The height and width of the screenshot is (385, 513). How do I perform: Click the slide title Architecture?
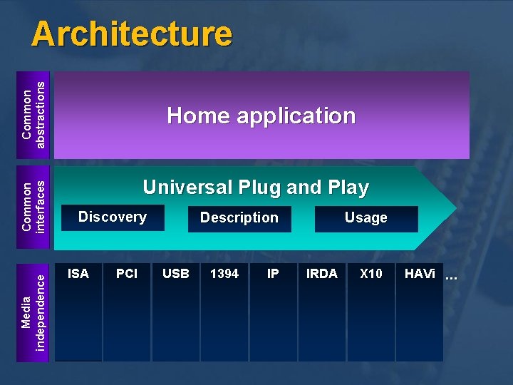click(x=132, y=34)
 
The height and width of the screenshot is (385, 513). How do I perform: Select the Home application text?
click(x=261, y=115)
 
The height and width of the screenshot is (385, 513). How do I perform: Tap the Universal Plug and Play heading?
click(x=255, y=188)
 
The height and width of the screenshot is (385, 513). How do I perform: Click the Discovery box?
click(x=112, y=217)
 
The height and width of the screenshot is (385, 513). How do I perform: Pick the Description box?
click(x=239, y=218)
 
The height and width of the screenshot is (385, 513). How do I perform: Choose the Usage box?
click(x=366, y=218)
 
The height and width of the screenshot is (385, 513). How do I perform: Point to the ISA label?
click(x=78, y=274)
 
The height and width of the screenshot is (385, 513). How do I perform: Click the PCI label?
click(x=127, y=274)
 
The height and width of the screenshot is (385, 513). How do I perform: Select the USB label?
click(x=176, y=274)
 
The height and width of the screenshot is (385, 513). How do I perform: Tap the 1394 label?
click(x=224, y=274)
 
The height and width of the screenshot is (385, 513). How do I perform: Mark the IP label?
click(x=273, y=274)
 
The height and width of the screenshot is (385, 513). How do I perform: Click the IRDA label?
click(x=321, y=274)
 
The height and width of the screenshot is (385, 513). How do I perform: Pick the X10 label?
click(x=370, y=274)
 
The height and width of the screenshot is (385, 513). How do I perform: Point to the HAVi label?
click(x=420, y=274)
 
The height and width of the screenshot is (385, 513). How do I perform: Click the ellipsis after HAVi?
click(x=450, y=275)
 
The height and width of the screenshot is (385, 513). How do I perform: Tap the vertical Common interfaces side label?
click(x=33, y=207)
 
